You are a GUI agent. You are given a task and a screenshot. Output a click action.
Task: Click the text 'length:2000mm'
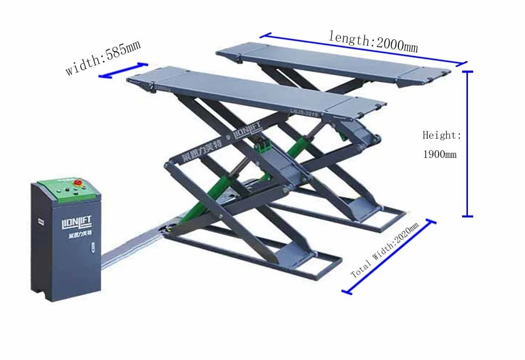click(x=373, y=41)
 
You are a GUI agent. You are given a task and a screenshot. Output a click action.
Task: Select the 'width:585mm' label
click(x=103, y=58)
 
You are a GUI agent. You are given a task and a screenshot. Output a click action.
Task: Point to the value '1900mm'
click(x=440, y=155)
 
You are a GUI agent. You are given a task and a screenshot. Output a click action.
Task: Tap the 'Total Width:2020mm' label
click(x=385, y=250)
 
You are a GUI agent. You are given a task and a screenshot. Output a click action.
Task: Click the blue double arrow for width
click(x=123, y=70)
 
